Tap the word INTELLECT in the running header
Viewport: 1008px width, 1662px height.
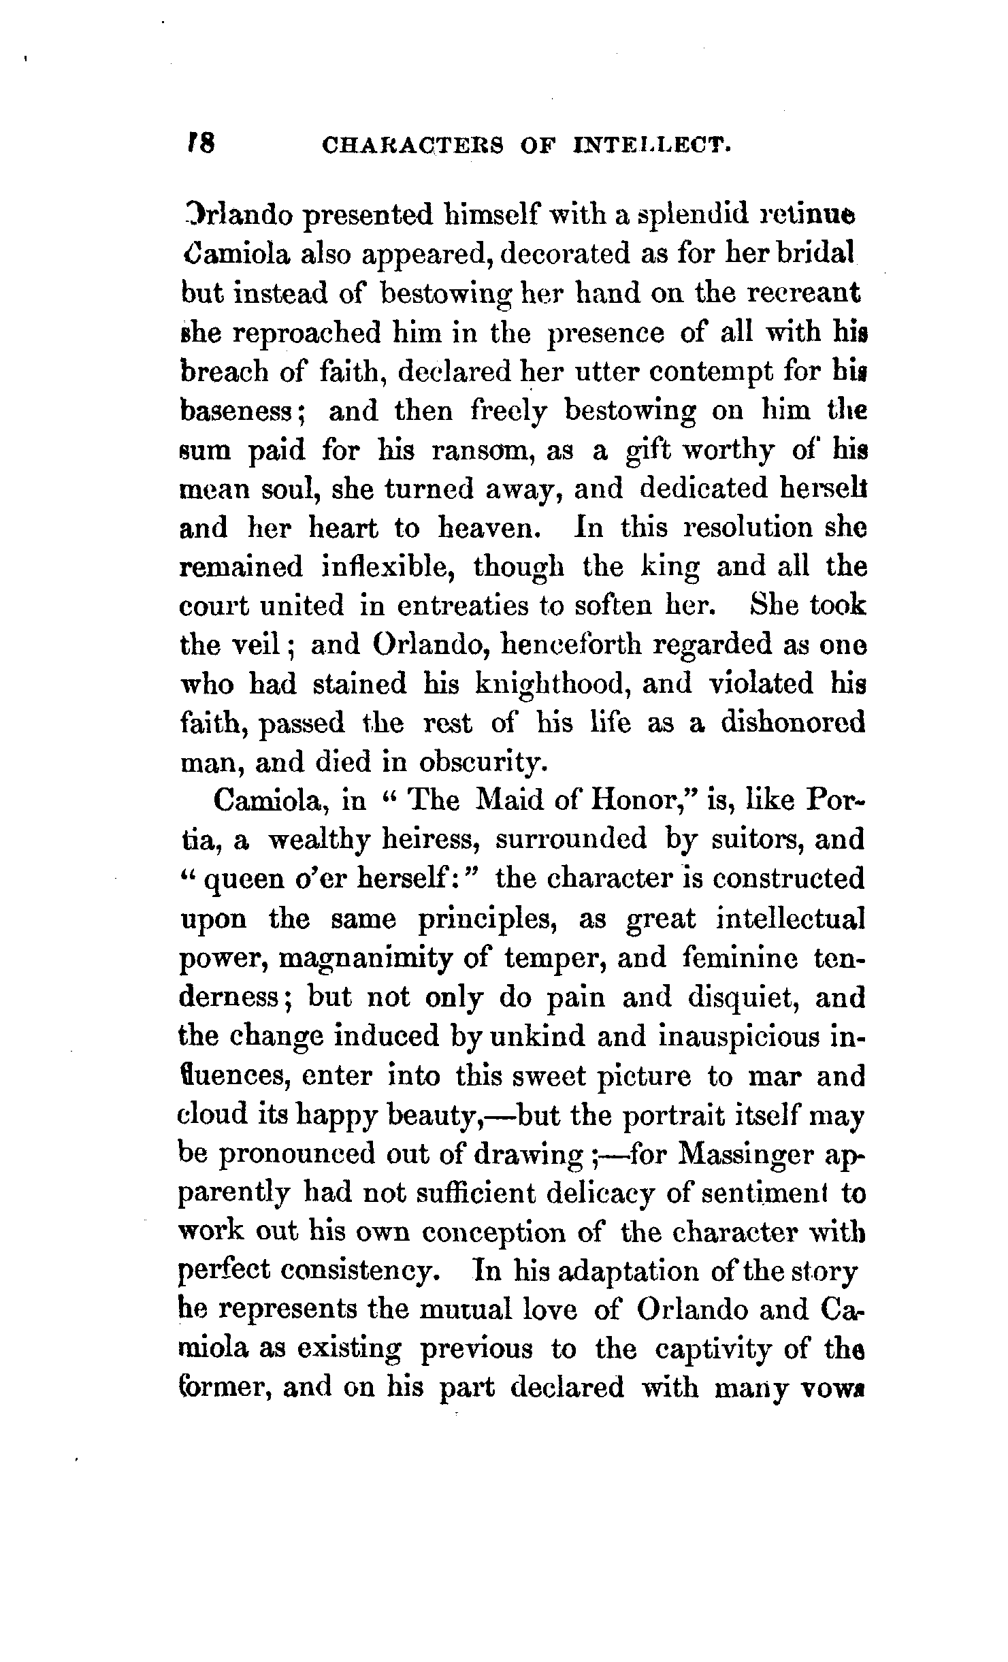(x=653, y=146)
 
